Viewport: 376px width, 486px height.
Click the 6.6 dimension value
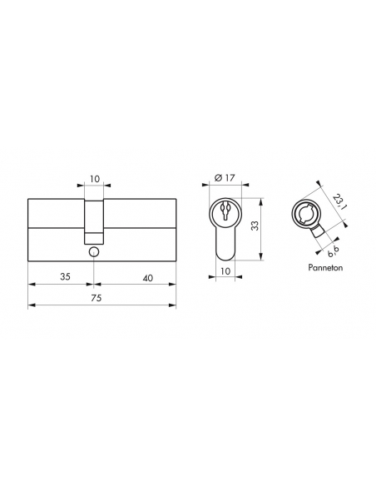click(334, 250)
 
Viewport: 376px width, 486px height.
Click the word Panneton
click(324, 270)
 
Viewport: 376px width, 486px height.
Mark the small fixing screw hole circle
click(94, 251)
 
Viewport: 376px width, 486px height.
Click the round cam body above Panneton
click(307, 213)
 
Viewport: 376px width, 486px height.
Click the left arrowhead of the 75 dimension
click(32, 305)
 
